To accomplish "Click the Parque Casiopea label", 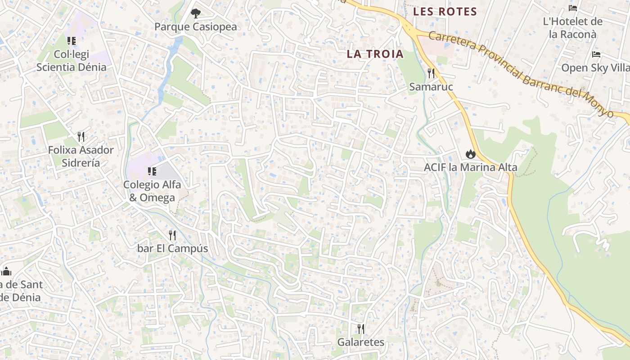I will (195, 27).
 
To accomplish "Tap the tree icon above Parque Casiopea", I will (195, 13).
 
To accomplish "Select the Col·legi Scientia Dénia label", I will (72, 61).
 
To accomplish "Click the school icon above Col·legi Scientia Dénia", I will (72, 41).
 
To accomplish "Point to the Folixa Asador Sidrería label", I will (81, 156).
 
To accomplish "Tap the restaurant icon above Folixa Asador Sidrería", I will (81, 136).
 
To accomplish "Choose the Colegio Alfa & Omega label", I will (152, 191).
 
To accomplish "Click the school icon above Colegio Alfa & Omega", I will (152, 171).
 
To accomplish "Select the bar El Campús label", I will (172, 248).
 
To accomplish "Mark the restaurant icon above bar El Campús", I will (172, 235).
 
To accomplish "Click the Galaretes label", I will (361, 342).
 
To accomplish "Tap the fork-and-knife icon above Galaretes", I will (361, 328).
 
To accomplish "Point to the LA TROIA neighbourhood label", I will (375, 54).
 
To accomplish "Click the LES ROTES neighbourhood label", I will (445, 12).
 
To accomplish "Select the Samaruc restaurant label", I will (431, 86).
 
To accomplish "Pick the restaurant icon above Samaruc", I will (431, 73).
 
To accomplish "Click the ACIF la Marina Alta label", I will (471, 167).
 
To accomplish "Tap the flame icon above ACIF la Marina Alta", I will (471, 154).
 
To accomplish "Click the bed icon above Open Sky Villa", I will (596, 54).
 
